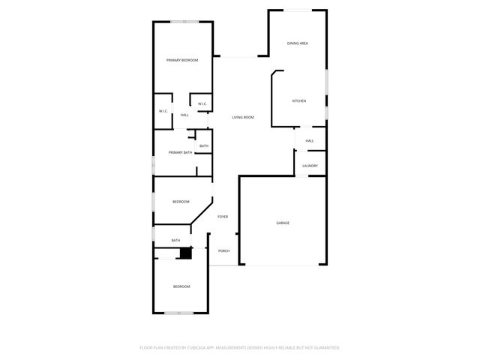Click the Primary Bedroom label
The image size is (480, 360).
(x=182, y=60)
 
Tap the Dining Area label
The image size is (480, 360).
(x=298, y=43)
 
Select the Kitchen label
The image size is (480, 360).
(x=298, y=101)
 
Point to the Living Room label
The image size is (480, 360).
(x=242, y=118)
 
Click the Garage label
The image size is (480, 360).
(x=283, y=223)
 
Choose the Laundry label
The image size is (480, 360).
(x=310, y=166)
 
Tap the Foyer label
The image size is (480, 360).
(x=223, y=217)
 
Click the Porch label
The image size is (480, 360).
(x=223, y=250)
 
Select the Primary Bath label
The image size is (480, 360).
(x=180, y=152)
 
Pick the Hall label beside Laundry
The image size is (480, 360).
(x=309, y=140)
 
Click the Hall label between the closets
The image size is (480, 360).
(x=184, y=115)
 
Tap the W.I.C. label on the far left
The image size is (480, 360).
(x=163, y=111)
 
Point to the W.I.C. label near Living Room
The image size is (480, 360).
(x=202, y=103)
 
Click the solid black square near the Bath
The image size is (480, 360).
(x=185, y=253)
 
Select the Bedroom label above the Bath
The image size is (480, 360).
(x=181, y=202)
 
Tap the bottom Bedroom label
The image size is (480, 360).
(x=181, y=286)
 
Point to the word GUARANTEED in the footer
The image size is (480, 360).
(x=323, y=348)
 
